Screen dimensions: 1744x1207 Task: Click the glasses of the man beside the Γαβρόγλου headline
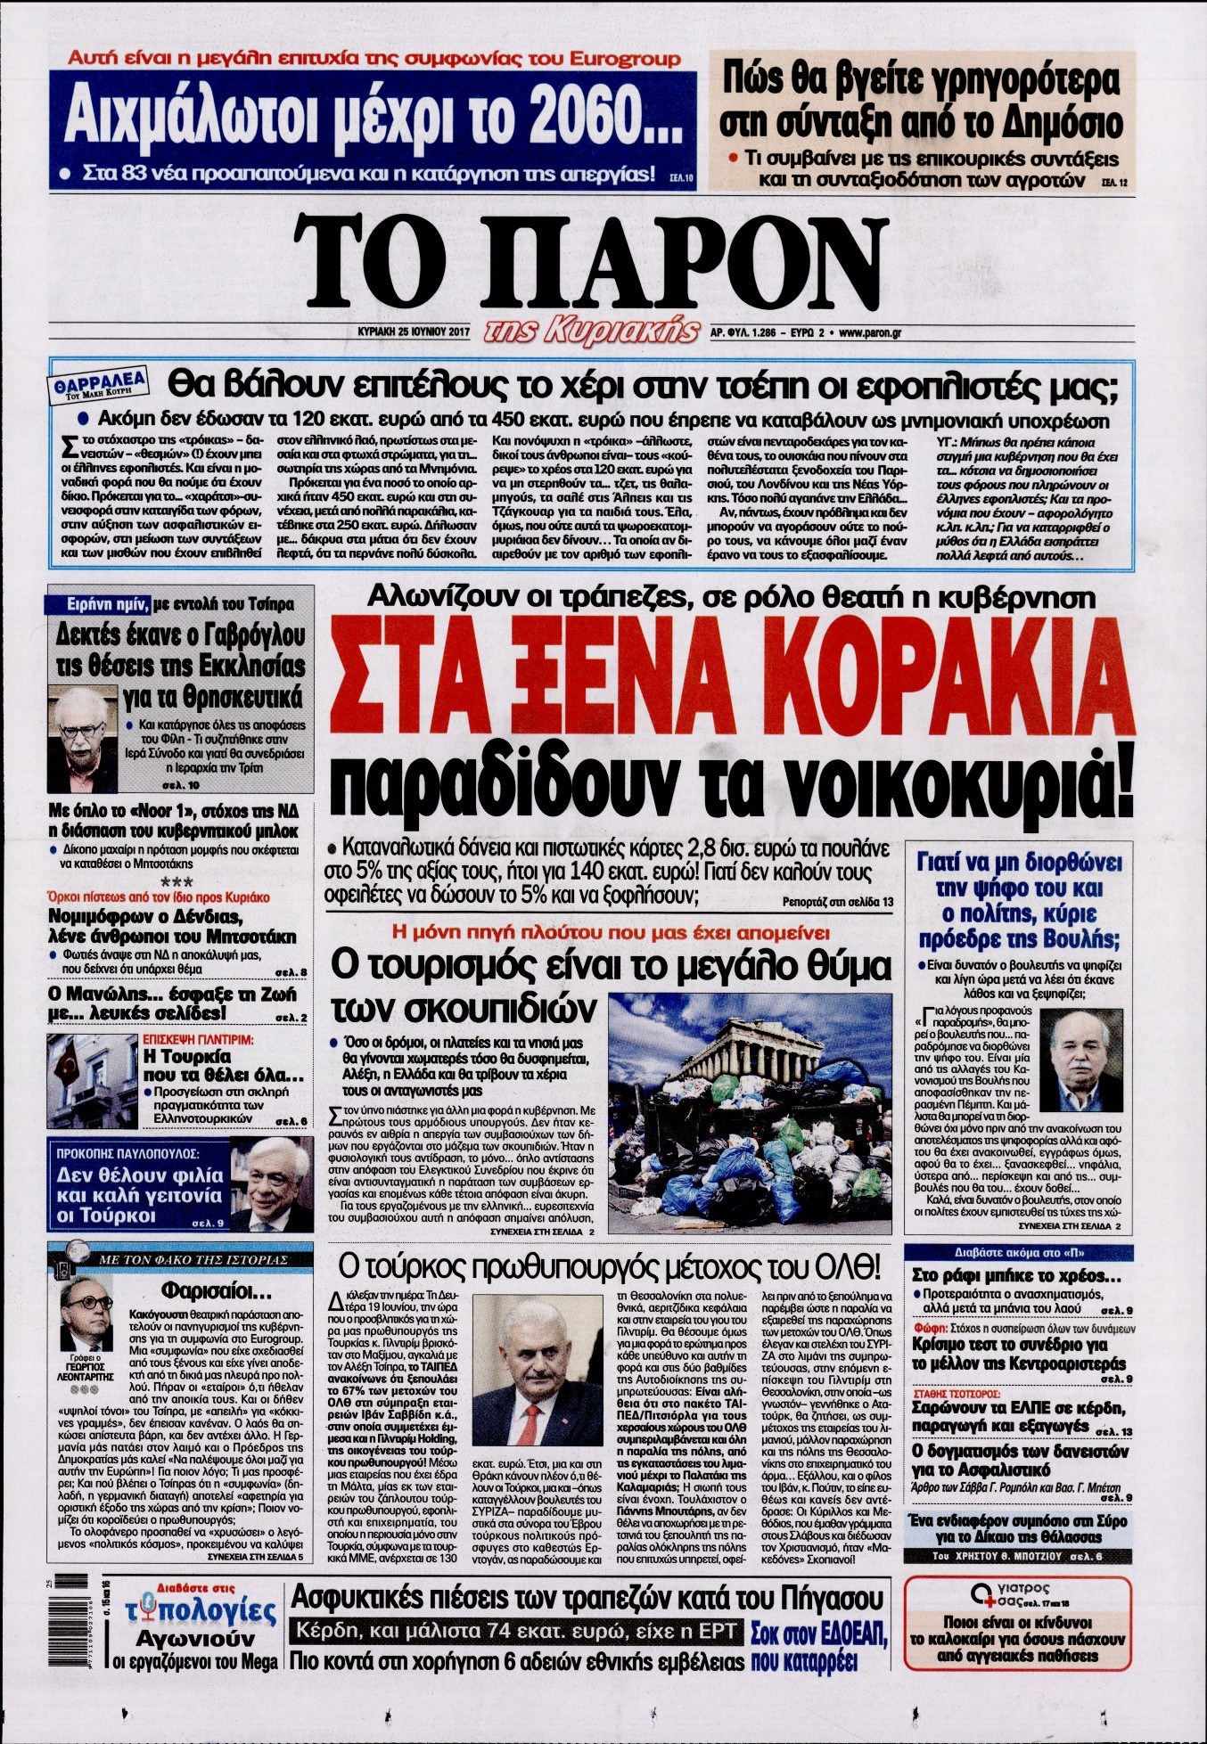[83, 730]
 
